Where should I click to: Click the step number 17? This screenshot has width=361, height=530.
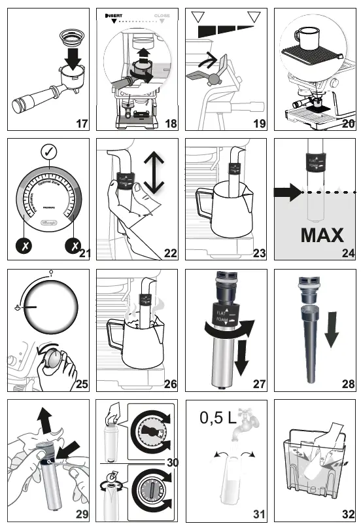click(x=81, y=122)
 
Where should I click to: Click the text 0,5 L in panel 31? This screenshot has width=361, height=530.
click(x=218, y=415)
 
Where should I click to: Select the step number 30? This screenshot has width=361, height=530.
click(x=171, y=462)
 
